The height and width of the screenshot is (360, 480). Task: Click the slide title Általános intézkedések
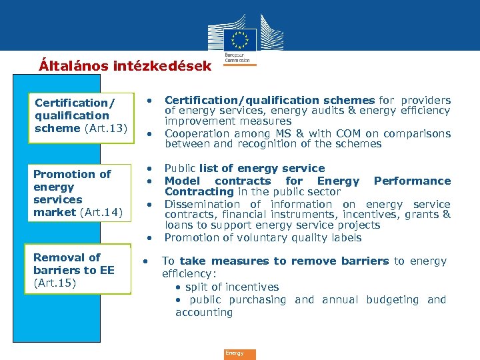click(125, 66)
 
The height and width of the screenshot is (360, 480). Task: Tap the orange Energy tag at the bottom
click(239, 354)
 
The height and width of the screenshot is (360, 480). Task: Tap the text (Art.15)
click(55, 283)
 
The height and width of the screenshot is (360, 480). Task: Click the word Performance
click(412, 181)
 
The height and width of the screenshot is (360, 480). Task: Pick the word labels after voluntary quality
click(346, 237)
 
